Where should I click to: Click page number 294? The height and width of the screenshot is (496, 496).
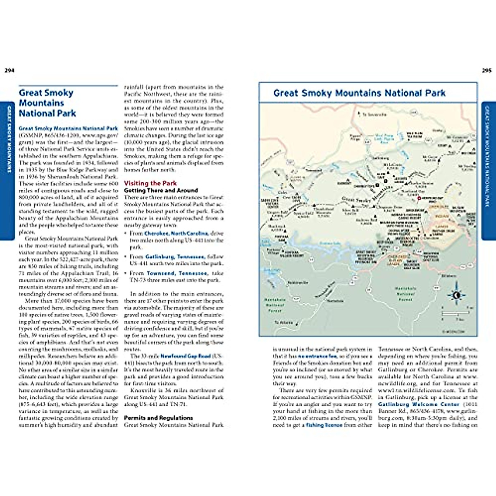10,70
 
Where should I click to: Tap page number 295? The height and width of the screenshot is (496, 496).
486,70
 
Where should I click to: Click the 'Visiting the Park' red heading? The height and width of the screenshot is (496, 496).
150,183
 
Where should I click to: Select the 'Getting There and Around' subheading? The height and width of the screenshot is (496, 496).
161,190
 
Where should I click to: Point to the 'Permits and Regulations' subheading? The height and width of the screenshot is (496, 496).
158,418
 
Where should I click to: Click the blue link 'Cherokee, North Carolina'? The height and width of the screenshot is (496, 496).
176,233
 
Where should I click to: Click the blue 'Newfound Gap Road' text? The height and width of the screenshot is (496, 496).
186,356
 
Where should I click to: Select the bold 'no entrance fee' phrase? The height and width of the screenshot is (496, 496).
317,356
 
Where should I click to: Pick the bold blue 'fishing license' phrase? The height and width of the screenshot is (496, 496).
324,425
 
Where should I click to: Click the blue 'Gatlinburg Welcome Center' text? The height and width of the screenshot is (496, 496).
418,404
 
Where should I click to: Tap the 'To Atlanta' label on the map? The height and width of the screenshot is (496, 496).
284,322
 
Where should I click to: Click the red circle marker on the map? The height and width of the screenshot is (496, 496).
419,199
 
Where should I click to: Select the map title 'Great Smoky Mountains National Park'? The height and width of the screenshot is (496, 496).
359,93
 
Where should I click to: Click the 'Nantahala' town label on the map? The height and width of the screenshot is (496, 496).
335,301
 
